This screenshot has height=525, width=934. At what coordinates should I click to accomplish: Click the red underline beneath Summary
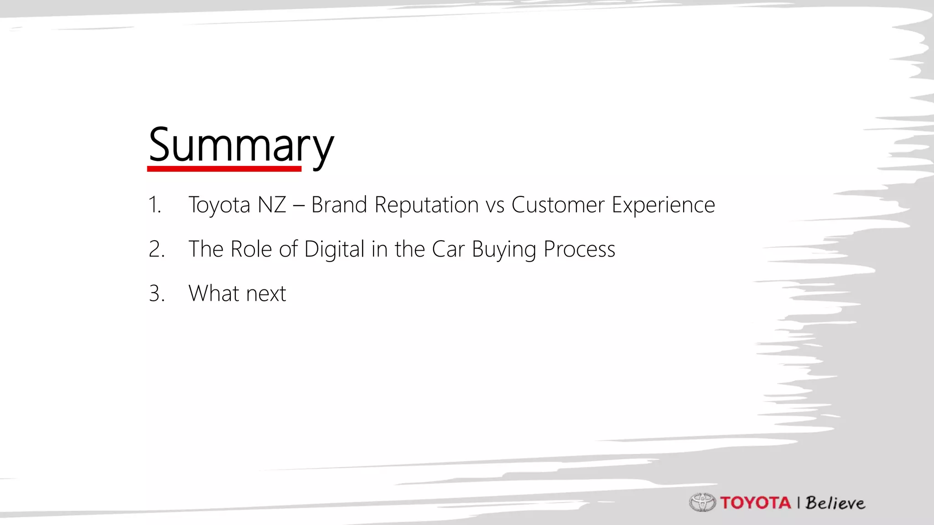[x=224, y=169]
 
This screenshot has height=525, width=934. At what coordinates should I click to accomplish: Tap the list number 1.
[x=155, y=205]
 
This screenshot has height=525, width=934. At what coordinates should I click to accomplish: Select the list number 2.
[x=156, y=249]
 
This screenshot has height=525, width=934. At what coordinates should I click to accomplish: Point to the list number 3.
[x=156, y=293]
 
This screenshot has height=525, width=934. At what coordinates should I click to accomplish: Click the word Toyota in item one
[x=219, y=205]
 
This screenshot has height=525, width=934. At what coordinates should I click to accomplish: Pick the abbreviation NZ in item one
[x=272, y=205]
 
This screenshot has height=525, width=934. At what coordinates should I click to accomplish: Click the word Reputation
[x=426, y=205]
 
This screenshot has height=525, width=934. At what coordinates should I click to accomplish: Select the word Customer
[x=558, y=205]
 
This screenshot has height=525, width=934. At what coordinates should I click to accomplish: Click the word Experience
[x=663, y=205]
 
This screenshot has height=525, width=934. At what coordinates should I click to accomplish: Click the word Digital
[x=334, y=249]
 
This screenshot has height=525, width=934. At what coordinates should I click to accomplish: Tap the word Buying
[x=504, y=249]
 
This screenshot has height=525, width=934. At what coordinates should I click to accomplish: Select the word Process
[x=579, y=249]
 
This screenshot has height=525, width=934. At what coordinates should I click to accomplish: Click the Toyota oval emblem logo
[x=702, y=503]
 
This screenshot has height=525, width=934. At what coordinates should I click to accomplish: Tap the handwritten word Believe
[x=835, y=503]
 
